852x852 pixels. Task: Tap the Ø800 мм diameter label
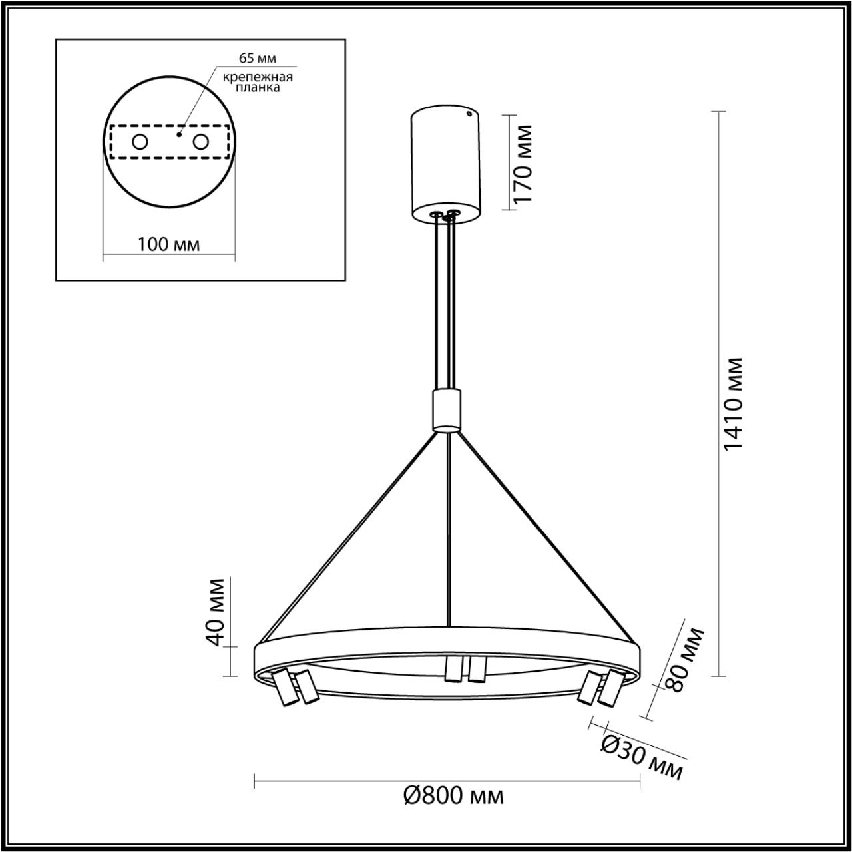(454, 795)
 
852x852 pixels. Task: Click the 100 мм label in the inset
(168, 244)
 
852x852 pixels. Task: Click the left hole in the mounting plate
(140, 142)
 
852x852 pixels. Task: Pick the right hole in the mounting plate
(200, 142)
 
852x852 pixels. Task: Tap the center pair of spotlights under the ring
(464, 669)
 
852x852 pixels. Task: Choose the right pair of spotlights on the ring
(600, 688)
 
